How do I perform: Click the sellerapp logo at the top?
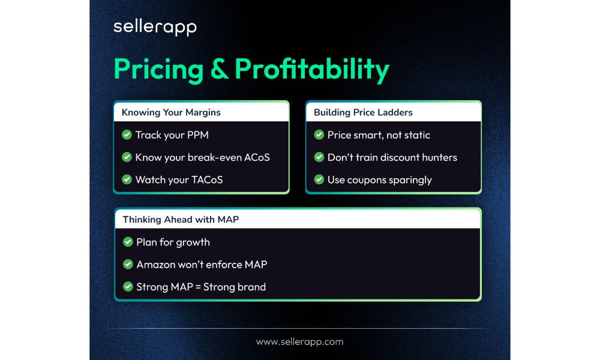point(155,28)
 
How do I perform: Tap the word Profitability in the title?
point(312,70)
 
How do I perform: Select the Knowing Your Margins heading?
point(171,112)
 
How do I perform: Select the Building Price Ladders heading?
point(363,112)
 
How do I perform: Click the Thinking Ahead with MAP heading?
point(181,220)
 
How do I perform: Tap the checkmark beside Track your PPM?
point(127,135)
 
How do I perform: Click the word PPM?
point(197,135)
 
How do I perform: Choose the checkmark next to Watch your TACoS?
point(127,179)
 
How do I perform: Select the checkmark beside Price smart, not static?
point(319,135)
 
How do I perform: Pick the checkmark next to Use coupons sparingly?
point(319,179)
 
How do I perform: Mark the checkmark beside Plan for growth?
point(128,242)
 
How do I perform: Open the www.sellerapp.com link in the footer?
point(299,342)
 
